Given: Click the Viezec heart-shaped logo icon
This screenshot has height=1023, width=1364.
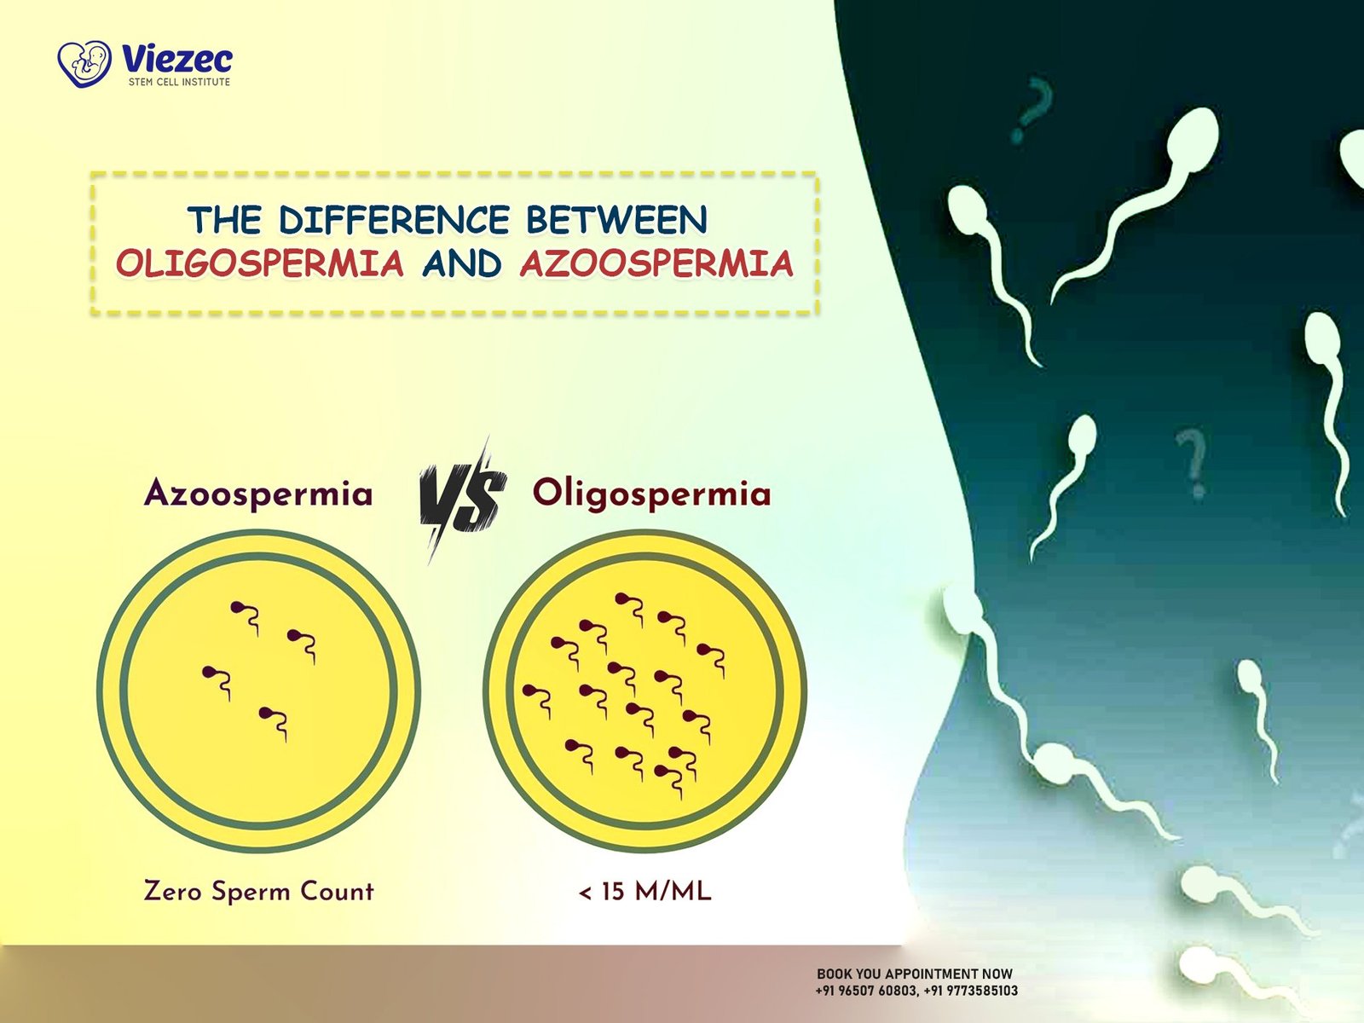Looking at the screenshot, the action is pyautogui.click(x=84, y=63).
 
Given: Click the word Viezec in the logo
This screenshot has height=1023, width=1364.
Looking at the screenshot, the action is pyautogui.click(x=177, y=60).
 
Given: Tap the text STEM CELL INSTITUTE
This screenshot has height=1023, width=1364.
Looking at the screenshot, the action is pyautogui.click(x=179, y=82).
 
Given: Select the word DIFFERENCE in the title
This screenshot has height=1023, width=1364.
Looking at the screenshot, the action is pyautogui.click(x=394, y=220).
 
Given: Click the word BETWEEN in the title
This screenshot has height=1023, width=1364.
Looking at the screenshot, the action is pyautogui.click(x=617, y=220).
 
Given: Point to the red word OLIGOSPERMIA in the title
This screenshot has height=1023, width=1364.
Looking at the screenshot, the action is pyautogui.click(x=260, y=264).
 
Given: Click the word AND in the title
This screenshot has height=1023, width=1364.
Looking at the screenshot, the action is pyautogui.click(x=462, y=264).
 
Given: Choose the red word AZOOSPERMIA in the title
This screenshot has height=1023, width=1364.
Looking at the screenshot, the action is pyautogui.click(x=656, y=264).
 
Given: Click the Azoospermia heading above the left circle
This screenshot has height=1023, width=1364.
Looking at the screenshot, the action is pyautogui.click(x=258, y=494).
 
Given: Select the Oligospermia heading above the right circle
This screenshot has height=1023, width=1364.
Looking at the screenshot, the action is pyautogui.click(x=652, y=495).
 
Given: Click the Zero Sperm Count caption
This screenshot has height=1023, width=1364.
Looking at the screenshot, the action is pyautogui.click(x=258, y=891).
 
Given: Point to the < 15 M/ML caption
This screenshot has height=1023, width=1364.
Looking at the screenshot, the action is pyautogui.click(x=644, y=892).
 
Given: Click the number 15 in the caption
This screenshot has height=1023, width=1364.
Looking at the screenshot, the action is pyautogui.click(x=613, y=892).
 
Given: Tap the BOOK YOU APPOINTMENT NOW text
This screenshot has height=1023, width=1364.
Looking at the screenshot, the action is pyautogui.click(x=915, y=974).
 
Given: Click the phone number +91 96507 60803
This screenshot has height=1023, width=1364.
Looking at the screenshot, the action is pyautogui.click(x=866, y=991).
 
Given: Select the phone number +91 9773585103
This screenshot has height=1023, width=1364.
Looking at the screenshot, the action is pyautogui.click(x=971, y=991).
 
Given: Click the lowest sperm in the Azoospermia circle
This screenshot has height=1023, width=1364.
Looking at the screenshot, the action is pyautogui.click(x=274, y=724).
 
